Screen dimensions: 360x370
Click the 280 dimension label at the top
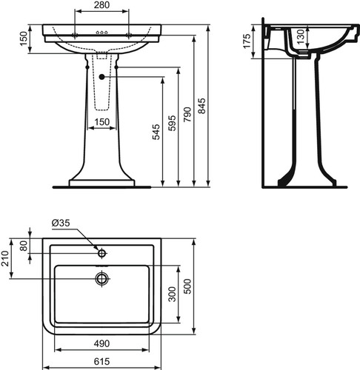coord(101,5)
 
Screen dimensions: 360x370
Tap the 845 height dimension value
coord(202,106)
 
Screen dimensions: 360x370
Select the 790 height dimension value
coord(187,115)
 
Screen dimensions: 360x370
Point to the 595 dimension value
coord(172,123)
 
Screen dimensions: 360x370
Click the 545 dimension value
coord(156,132)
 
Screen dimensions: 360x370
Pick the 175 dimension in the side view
coord(247,41)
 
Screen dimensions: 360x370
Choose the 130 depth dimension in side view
coord(300,36)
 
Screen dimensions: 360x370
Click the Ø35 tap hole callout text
coord(61,223)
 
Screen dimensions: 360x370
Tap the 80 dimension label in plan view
coord(24,246)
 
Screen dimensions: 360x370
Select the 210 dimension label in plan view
coord(5,258)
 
